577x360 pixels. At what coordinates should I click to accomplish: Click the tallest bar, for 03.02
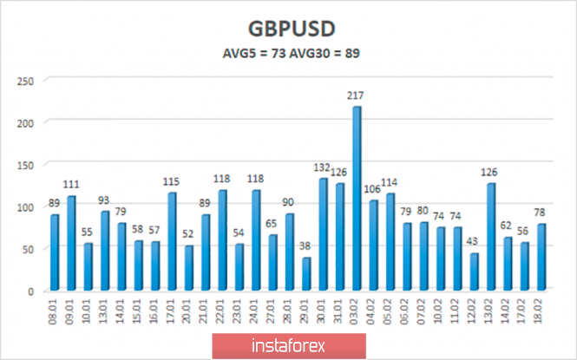(x=357, y=199)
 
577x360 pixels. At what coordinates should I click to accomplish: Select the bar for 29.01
(x=306, y=274)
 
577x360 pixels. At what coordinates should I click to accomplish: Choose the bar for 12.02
(x=474, y=272)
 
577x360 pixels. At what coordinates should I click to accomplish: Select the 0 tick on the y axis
(x=30, y=291)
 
